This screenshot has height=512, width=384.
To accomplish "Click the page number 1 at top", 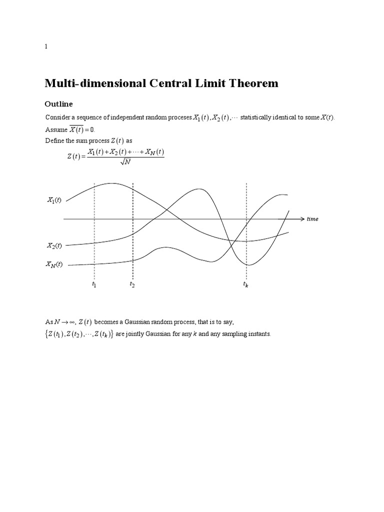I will (x=46, y=46).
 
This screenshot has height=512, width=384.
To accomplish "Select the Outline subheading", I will (x=59, y=104).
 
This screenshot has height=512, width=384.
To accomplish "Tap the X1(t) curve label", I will (x=54, y=200).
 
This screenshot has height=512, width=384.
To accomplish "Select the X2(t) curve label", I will (x=54, y=245).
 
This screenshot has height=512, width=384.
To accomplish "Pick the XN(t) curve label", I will (x=54, y=264).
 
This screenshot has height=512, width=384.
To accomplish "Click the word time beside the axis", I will (x=313, y=219).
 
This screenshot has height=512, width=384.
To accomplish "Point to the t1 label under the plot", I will (x=94, y=284).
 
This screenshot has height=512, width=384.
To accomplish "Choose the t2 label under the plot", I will (x=132, y=284).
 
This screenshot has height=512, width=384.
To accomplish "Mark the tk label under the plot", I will (x=245, y=284).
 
